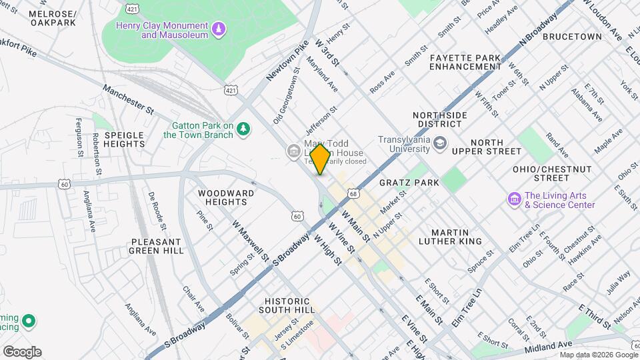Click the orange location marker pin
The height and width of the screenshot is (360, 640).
click(x=320, y=159)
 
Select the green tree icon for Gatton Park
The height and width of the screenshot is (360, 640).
click(x=245, y=129)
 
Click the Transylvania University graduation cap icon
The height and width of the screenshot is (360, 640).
click(x=440, y=143)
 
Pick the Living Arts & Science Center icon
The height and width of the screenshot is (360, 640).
click(x=514, y=199)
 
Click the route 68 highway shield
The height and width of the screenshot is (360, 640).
click(x=353, y=193)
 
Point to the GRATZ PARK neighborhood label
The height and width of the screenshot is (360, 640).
click(x=409, y=182)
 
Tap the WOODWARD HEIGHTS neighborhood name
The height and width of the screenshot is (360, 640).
click(x=226, y=197)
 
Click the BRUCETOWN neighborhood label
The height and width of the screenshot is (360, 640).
click(x=571, y=37)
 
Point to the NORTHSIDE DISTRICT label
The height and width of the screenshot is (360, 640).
click(x=439, y=119)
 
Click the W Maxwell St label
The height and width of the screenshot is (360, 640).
click(x=250, y=240)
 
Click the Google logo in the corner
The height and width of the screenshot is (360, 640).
click(x=22, y=352)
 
